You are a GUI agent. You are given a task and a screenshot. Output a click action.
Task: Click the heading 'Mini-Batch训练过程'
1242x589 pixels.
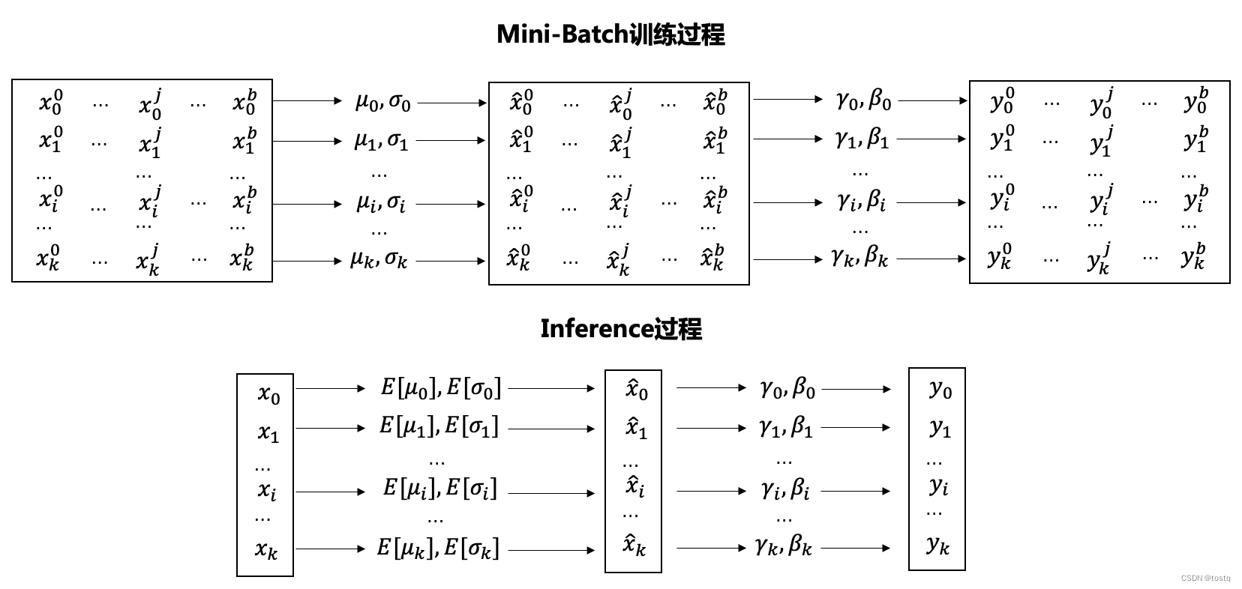point(610,34)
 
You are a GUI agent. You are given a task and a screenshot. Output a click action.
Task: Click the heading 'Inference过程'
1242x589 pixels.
point(621,329)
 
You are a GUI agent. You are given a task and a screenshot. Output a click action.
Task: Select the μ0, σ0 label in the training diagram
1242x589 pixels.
point(382,101)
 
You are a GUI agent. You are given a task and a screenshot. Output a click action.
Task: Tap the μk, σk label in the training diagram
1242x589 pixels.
point(379,260)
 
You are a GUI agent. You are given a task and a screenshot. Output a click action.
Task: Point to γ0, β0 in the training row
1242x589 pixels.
point(863,100)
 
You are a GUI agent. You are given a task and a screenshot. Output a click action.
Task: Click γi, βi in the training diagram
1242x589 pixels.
point(861,202)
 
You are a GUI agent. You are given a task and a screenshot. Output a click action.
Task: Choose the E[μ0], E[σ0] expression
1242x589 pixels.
point(440,388)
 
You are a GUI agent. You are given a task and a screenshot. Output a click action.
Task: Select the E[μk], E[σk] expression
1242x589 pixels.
point(437,549)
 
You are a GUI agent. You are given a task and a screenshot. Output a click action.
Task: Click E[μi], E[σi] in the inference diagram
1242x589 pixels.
point(439,489)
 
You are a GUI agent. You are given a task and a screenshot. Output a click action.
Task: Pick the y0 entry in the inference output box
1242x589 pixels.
point(940,389)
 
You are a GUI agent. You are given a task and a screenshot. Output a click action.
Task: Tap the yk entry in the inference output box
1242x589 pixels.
point(937,545)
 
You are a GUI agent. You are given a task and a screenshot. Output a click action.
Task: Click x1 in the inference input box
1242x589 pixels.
point(268,433)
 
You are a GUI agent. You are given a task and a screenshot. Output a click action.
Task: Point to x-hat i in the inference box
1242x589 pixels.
point(634,488)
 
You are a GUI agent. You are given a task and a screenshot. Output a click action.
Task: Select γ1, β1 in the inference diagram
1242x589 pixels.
point(785,428)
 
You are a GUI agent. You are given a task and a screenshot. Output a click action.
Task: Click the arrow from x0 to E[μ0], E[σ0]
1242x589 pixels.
point(330,388)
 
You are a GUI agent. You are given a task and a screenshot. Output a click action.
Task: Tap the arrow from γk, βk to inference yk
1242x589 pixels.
point(856,548)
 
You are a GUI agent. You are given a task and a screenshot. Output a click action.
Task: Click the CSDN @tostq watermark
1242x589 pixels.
point(1205,579)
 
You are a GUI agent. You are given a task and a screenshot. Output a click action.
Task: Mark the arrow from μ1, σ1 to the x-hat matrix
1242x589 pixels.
point(450,140)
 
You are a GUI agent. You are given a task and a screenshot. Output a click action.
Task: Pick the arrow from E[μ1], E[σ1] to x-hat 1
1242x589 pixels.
point(551,429)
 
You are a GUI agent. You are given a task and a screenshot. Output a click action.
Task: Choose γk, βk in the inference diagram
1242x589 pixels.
point(784,546)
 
